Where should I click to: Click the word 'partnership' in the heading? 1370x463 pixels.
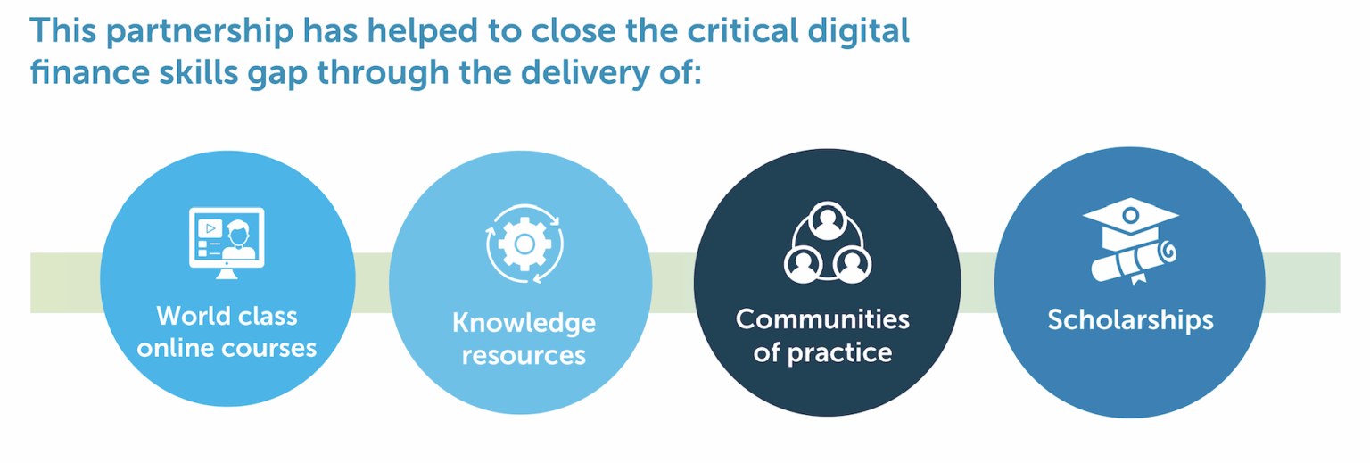200,32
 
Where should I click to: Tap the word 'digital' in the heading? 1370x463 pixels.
858,30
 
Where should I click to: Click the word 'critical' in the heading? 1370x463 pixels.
742,29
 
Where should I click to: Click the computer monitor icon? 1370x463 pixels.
227,243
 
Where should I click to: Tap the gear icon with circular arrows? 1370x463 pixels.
524,244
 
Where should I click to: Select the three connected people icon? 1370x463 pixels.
828,242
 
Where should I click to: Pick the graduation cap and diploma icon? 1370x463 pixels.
1131,241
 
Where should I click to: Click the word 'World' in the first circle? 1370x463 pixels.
194,316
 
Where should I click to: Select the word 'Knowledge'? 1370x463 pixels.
524,324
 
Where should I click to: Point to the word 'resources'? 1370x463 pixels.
524,355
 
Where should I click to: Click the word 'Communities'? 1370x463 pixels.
822,319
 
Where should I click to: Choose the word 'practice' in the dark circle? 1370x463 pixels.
839,353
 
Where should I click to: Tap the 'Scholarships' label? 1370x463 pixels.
1130,320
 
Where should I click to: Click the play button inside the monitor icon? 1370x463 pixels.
210,228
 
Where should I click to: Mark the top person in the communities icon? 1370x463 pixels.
828,220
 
